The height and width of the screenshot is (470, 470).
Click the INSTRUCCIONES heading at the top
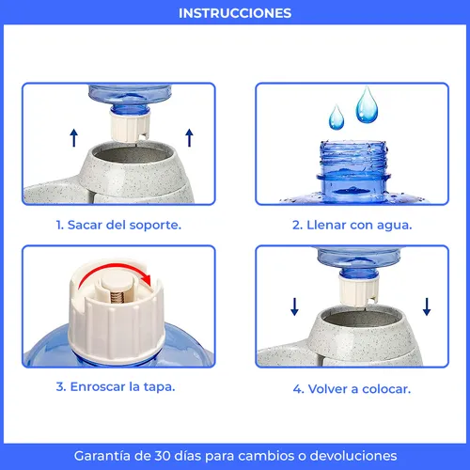[x=235, y=13]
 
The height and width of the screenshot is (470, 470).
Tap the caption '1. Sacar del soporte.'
[x=117, y=226]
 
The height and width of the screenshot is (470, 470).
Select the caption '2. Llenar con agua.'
[x=352, y=226]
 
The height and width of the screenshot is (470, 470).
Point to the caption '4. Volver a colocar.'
[x=352, y=387]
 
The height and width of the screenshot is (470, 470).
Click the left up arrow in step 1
[x=73, y=138]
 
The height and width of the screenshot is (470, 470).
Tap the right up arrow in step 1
[x=189, y=138]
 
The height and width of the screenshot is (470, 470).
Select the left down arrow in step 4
[x=294, y=305]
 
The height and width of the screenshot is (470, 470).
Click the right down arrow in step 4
[x=428, y=305]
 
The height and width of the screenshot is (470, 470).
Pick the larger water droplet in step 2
[x=368, y=105]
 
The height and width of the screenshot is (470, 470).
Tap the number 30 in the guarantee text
[x=160, y=455]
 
